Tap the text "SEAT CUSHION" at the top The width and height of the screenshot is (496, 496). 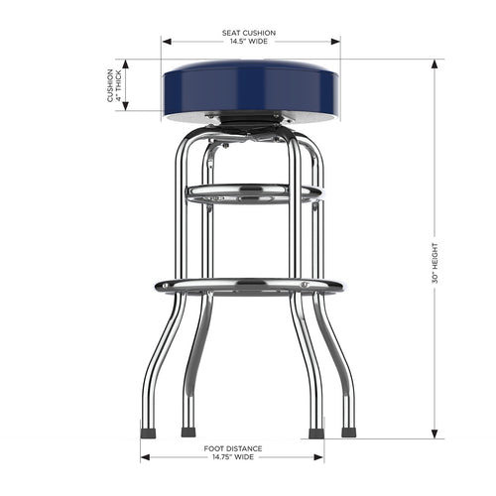coord(248,33)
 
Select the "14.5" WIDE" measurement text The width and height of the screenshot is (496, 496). coord(248,42)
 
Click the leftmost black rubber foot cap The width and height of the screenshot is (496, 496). coord(146,432)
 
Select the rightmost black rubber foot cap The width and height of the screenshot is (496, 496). coord(348,432)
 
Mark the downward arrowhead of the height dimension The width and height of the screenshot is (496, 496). coord(434,435)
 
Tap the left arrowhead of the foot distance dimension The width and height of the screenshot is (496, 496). coord(145,458)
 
